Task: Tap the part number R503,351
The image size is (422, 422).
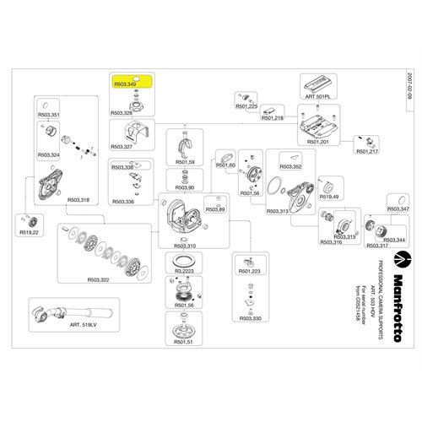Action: coord(49,114)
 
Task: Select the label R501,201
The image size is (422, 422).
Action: coord(318,143)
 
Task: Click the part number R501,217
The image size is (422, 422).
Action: coord(368,150)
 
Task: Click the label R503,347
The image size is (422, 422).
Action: coord(398,208)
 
